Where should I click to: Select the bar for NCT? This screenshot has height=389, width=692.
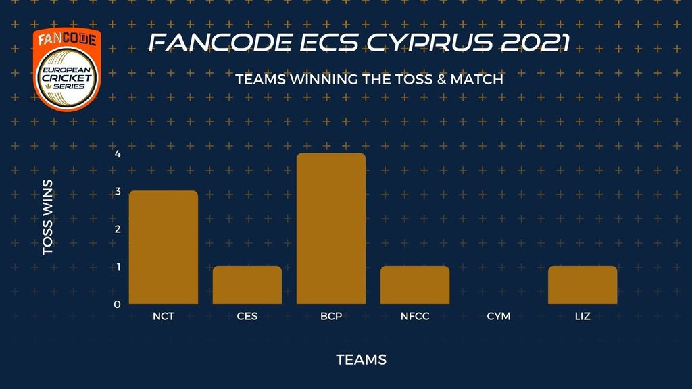click(164, 247)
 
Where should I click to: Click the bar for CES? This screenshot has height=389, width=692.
click(247, 285)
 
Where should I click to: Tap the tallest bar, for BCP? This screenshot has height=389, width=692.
click(331, 228)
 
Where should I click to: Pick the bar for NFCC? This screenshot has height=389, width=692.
click(415, 285)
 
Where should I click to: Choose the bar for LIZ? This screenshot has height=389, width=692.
click(583, 285)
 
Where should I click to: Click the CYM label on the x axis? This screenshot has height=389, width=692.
click(499, 316)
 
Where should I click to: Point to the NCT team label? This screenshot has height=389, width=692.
click(164, 316)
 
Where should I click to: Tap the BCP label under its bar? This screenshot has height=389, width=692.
click(331, 316)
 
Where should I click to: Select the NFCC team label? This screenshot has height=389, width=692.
click(415, 316)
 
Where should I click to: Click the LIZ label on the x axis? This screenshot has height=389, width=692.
click(583, 316)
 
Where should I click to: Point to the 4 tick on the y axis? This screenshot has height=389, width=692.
click(118, 154)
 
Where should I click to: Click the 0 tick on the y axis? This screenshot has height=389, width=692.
click(118, 305)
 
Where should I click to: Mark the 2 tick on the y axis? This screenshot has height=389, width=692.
click(118, 230)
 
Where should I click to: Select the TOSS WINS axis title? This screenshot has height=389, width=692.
click(48, 217)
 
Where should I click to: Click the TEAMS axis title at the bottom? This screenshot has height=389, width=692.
click(362, 359)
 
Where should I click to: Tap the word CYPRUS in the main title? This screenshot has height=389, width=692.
click(429, 43)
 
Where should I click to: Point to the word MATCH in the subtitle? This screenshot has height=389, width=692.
click(476, 80)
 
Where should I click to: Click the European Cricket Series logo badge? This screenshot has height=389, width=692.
click(67, 70)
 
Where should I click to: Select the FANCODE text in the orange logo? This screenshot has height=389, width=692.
click(67, 40)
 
